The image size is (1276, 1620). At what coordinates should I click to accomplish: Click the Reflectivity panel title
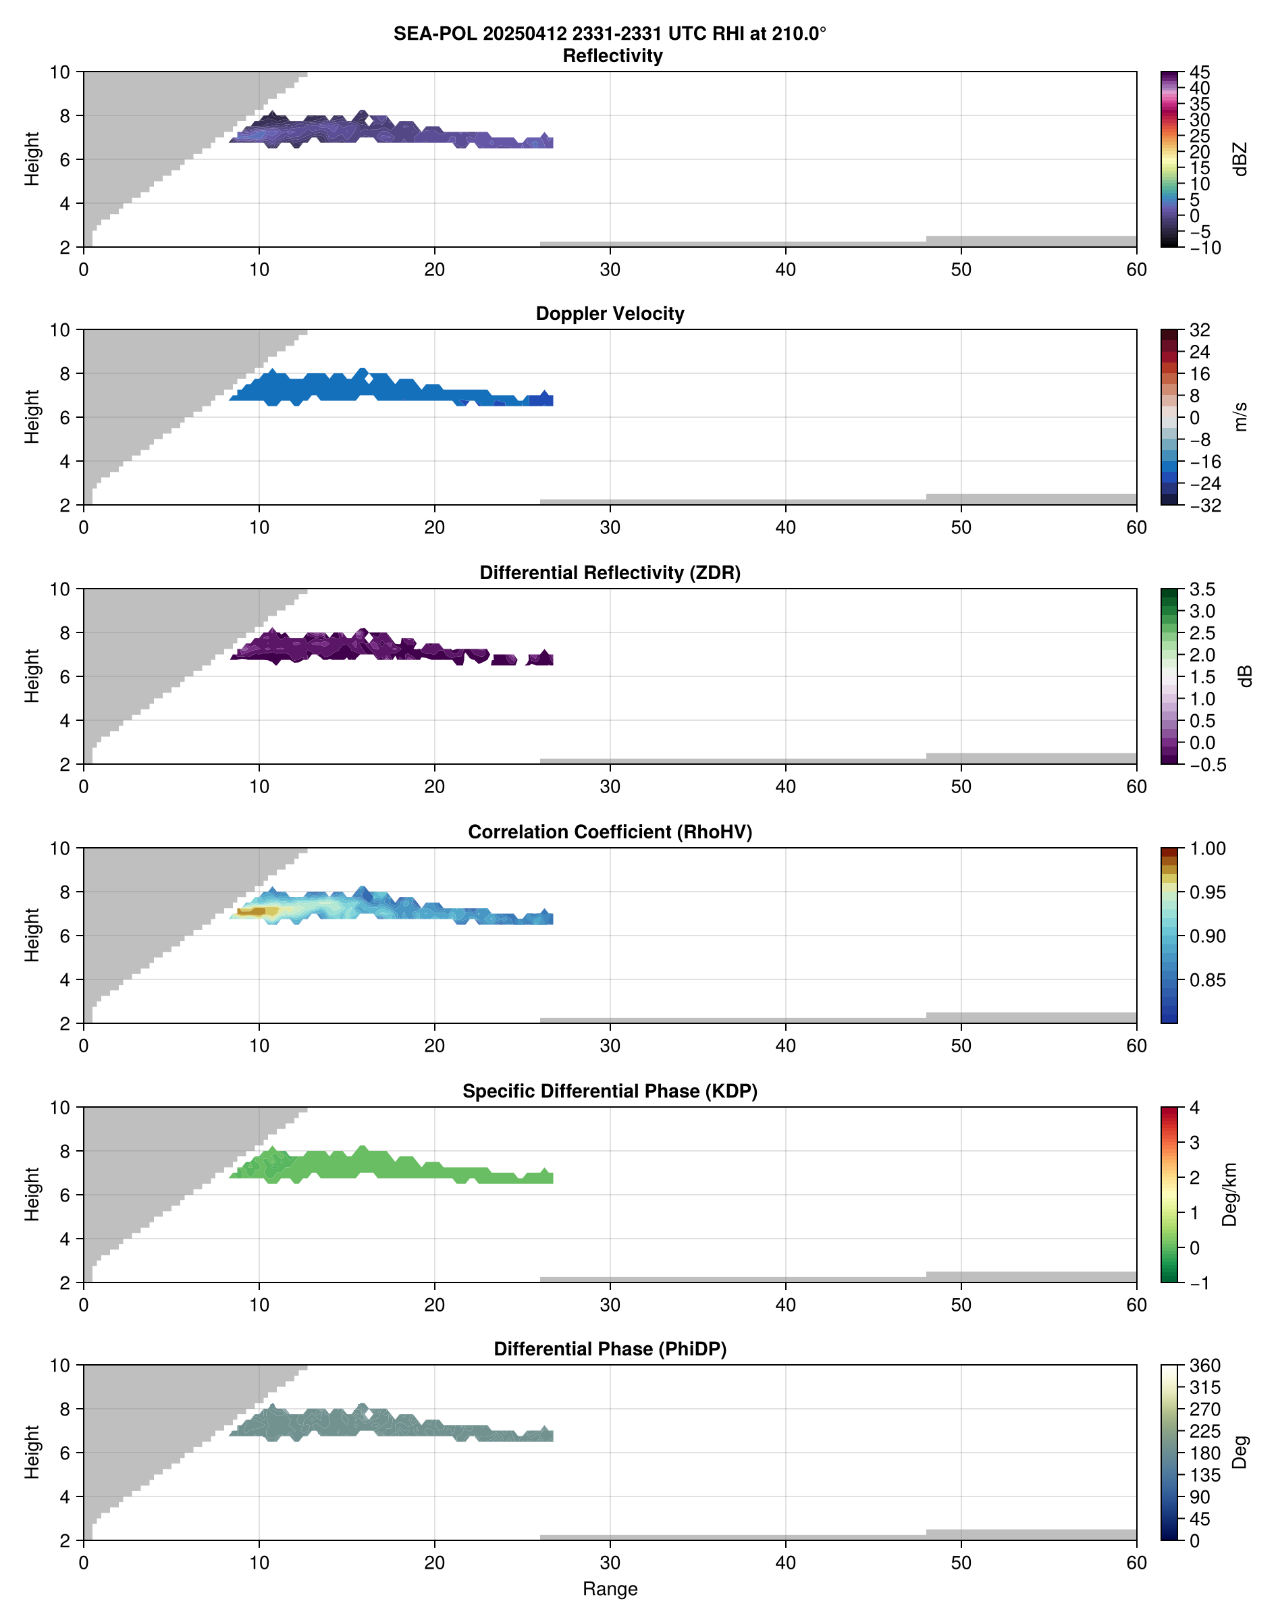(612, 56)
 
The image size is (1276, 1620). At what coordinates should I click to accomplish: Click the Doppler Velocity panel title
(610, 314)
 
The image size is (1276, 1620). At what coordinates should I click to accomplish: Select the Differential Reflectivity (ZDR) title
(610, 573)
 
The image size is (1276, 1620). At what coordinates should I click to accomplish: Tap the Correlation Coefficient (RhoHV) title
(610, 832)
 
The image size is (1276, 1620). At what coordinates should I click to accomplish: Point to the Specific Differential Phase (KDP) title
(610, 1091)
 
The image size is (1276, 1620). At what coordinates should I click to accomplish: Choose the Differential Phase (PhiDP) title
(610, 1349)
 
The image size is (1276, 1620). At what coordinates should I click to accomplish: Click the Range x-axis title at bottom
(610, 1589)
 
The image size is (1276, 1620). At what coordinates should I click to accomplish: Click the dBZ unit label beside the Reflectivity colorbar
(1240, 159)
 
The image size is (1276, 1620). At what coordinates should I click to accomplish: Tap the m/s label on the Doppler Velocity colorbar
(1240, 416)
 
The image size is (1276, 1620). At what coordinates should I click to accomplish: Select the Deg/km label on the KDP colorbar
(1229, 1194)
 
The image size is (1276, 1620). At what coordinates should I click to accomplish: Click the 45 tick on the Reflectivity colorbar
(1200, 72)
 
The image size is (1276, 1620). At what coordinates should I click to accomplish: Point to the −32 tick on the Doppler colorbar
(1204, 506)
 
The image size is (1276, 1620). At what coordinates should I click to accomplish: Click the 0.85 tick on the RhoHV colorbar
(1206, 980)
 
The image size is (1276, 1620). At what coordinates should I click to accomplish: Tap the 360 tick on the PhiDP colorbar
(1204, 1366)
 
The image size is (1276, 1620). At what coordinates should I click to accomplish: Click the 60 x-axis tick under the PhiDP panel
(1136, 1563)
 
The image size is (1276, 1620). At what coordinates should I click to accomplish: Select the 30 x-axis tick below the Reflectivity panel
(610, 269)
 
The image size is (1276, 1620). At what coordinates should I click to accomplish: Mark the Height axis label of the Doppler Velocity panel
(31, 416)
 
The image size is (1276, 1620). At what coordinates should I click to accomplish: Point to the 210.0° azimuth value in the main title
(799, 34)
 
